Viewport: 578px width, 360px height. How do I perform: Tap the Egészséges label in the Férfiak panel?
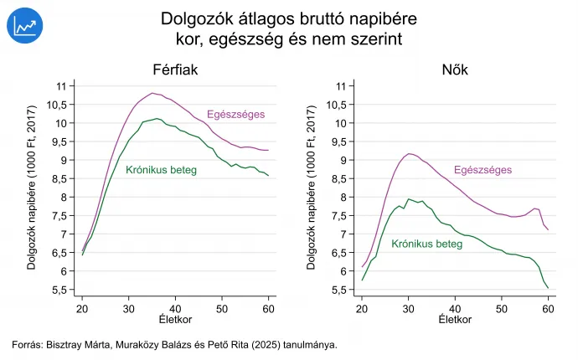coord(236,115)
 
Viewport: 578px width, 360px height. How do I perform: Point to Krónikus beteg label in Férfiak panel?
coord(161,170)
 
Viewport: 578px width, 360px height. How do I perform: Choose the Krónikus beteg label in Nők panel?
coord(426,244)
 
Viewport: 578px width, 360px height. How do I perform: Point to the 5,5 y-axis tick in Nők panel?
coord(338,290)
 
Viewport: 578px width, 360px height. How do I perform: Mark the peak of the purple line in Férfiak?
coord(152,93)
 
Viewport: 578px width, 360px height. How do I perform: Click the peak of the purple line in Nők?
coord(410,153)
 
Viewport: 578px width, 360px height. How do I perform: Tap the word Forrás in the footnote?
coord(28,344)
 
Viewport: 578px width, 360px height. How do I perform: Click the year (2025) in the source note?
coord(261,344)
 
